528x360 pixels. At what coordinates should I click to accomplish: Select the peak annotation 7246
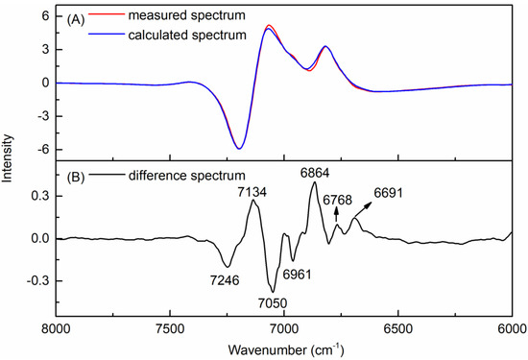tap(219, 281)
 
